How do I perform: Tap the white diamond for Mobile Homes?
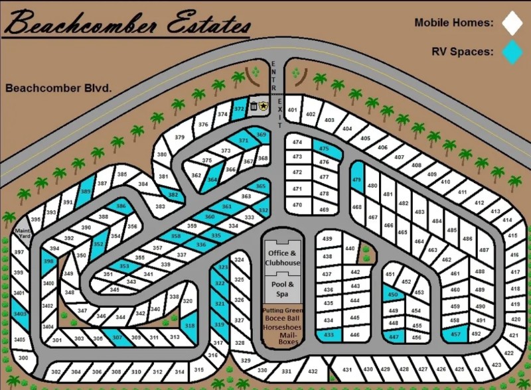(x=512, y=23)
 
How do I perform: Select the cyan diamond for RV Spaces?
(x=512, y=52)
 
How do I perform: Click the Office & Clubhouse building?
(x=283, y=258)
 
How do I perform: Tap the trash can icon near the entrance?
(x=253, y=106)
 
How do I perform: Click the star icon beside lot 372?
(x=264, y=105)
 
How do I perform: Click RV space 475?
(x=325, y=149)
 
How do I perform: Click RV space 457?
(x=455, y=334)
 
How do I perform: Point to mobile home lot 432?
(x=314, y=371)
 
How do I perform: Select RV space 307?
(x=117, y=338)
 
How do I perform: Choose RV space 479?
(x=357, y=180)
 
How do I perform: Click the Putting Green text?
(x=283, y=310)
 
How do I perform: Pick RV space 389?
(x=86, y=191)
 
